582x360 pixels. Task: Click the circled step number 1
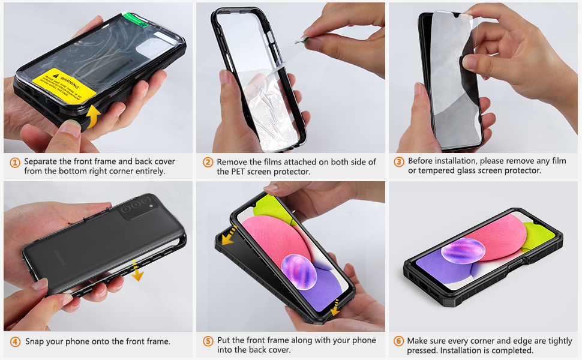(14, 162)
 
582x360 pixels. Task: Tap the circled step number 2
(208, 162)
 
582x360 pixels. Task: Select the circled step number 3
(399, 161)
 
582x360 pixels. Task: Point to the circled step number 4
(14, 341)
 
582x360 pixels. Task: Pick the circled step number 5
(208, 341)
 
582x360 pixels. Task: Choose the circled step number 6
(399, 341)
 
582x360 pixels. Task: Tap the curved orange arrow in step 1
(92, 115)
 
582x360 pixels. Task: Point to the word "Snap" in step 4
(35, 341)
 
